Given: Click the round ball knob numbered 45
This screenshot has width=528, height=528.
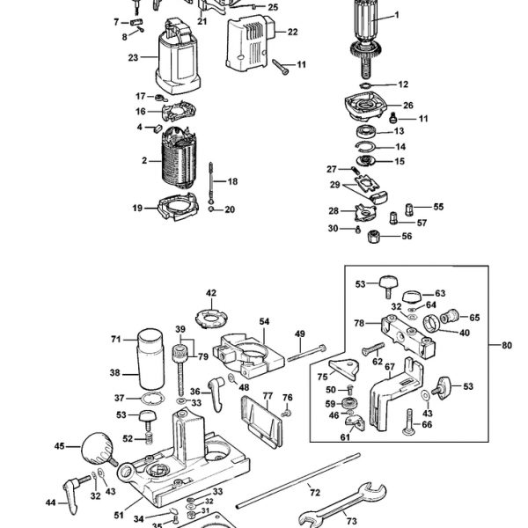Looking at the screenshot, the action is coord(98,448).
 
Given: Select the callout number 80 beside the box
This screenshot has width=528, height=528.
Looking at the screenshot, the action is coord(507,346).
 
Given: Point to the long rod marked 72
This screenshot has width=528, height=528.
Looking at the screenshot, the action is coord(298,480).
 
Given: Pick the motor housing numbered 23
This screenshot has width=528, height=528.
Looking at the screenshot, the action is coord(178,56).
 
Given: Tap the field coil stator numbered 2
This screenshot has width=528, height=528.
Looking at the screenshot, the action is coord(179,157).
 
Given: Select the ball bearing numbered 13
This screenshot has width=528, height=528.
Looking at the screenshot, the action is coord(366,131).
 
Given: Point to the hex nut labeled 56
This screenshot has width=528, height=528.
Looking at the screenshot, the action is coord(373,236).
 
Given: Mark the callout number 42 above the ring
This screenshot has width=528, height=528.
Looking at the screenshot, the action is coord(211,293).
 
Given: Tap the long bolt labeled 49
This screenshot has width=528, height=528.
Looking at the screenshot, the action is coord(306,353).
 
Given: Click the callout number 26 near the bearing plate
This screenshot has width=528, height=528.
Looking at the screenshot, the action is coord(407,106).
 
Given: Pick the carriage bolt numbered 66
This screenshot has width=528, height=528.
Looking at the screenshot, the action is coord(409,422).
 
